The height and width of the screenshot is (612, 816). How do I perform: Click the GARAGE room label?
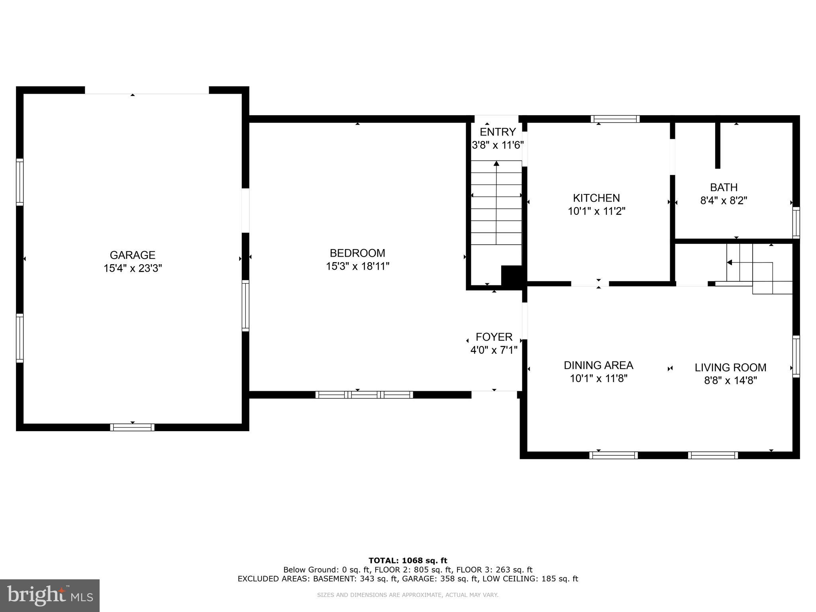[132, 255]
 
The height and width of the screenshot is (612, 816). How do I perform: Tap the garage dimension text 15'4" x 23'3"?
[132, 269]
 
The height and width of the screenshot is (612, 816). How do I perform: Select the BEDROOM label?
[357, 253]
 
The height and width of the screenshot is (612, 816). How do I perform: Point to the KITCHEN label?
[596, 198]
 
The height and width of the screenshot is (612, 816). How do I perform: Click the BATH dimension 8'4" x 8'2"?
[724, 200]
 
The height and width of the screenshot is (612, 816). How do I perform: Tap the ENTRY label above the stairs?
[498, 132]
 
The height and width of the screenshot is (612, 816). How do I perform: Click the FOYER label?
[494, 337]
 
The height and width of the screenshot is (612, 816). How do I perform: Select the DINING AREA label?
[598, 365]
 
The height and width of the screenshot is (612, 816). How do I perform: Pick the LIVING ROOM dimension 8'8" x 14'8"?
[730, 381]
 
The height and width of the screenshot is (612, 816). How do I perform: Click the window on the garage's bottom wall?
[132, 428]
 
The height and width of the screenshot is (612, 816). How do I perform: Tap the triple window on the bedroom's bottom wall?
[364, 395]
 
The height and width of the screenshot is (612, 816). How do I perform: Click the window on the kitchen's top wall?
[615, 119]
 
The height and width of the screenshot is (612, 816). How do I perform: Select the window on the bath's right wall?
[796, 222]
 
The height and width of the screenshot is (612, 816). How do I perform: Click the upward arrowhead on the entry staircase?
[496, 163]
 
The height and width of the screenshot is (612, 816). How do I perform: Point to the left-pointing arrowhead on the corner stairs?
[730, 263]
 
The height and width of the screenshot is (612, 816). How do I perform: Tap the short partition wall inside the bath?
[718, 145]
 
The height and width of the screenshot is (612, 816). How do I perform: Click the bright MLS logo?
[50, 595]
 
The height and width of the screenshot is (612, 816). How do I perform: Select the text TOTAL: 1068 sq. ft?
[408, 561]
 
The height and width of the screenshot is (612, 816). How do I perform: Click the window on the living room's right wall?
[796, 356]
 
